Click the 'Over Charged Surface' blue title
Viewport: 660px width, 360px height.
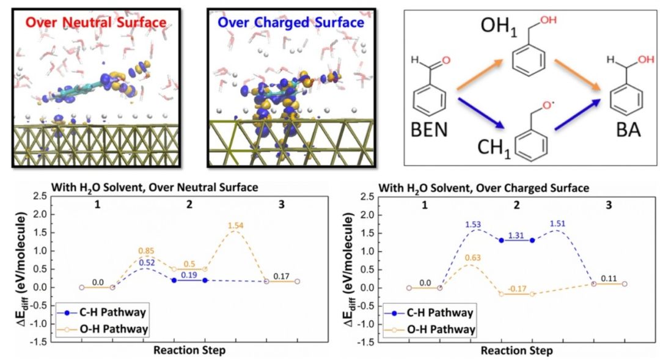[x=291, y=23]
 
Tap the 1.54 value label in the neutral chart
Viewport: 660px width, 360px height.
[x=235, y=227]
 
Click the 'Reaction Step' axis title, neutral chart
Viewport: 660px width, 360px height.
[x=189, y=350]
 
